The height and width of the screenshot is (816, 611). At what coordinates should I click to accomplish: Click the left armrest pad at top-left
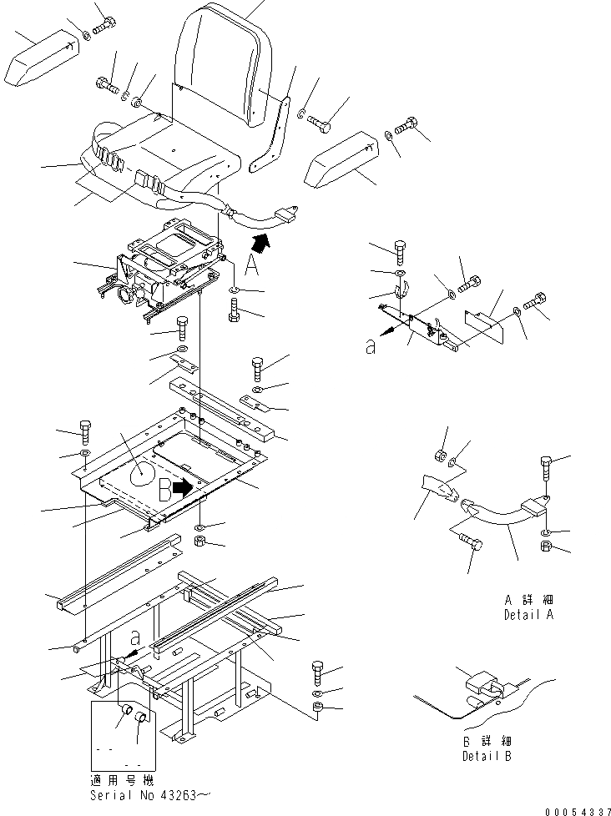tap(42, 60)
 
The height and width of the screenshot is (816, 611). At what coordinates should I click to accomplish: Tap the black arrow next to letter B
tap(182, 488)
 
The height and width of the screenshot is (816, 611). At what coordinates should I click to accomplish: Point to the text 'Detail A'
tap(528, 615)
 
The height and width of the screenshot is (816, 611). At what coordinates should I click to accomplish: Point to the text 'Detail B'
tap(487, 757)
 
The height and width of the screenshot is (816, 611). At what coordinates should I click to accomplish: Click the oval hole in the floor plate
tap(144, 474)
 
